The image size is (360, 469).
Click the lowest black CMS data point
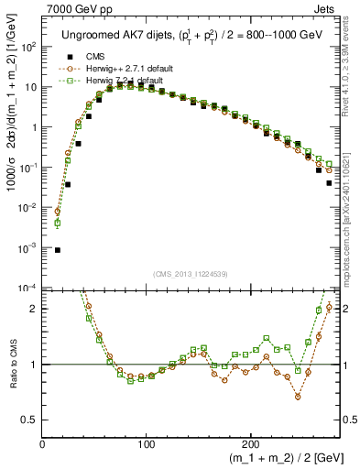tap(58, 250)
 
